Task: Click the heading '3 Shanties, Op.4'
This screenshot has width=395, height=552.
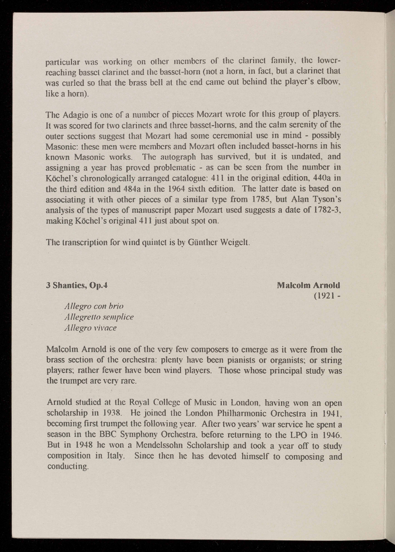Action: pyautogui.click(x=77, y=285)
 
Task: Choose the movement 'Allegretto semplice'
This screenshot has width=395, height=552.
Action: pyautogui.click(x=98, y=317)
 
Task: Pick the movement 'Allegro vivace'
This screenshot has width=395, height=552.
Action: pyautogui.click(x=90, y=328)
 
